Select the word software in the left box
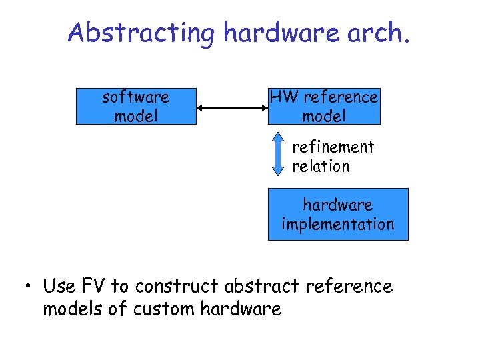coord(135,97)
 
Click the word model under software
coord(136,117)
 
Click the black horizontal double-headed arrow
coord(232,107)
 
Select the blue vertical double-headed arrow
coord(279,155)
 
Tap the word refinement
coord(333,147)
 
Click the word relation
coord(321,166)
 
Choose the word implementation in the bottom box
coord(338,224)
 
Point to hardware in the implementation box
coord(338,205)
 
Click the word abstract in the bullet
coord(262,287)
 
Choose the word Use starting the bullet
coord(59,287)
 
